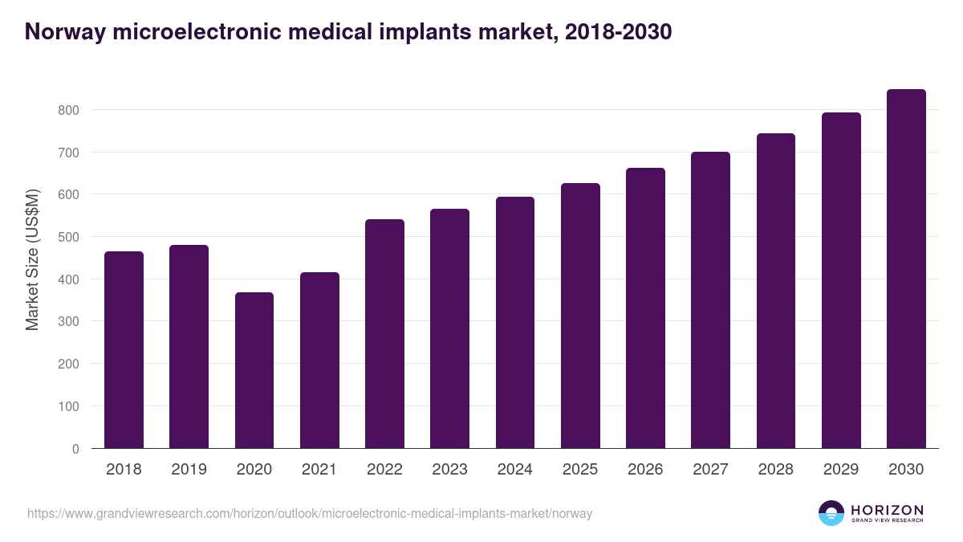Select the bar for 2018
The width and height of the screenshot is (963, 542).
pyautogui.click(x=124, y=350)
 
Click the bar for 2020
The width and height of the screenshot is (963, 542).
pyautogui.click(x=254, y=370)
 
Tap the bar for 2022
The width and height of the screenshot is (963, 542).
pyautogui.click(x=384, y=334)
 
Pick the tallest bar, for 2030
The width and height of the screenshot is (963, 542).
pyautogui.click(x=906, y=269)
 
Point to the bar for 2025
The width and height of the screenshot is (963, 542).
pyautogui.click(x=580, y=316)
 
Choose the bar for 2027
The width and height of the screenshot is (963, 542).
pyautogui.click(x=710, y=300)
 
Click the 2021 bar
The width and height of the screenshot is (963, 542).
pyautogui.click(x=319, y=361)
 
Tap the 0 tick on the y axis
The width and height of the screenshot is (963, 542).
pyautogui.click(x=75, y=449)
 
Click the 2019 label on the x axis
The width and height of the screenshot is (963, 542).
pyautogui.click(x=189, y=470)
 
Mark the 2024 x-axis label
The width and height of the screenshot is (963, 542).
pyautogui.click(x=514, y=470)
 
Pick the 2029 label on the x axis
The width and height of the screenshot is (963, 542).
pyautogui.click(x=841, y=470)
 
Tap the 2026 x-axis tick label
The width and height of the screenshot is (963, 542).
pyautogui.click(x=645, y=470)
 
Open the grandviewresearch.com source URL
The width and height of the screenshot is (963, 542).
pyautogui.click(x=309, y=513)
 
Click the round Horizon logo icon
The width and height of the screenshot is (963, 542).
pyautogui.click(x=831, y=513)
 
